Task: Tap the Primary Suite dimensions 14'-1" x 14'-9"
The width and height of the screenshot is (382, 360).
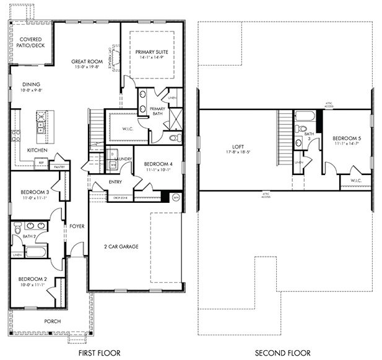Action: pos(152,58)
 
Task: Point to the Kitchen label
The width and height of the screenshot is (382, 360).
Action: pos(37,150)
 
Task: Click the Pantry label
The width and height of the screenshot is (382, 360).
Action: pos(60,166)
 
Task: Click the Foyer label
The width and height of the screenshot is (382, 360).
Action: pos(77,226)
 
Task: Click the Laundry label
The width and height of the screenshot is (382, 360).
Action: pos(121,159)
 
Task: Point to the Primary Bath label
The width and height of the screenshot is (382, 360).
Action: pos(157,111)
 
